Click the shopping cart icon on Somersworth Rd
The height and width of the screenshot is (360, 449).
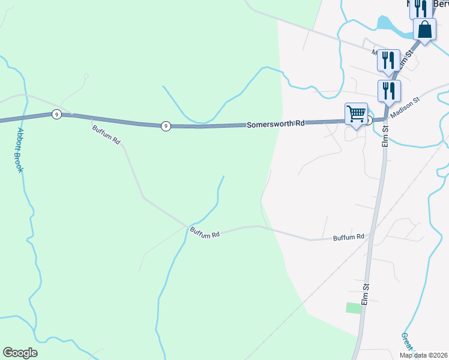pos(357,113)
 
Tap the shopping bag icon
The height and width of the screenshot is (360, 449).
pos(424,29)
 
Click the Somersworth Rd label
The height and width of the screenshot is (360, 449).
pos(276,123)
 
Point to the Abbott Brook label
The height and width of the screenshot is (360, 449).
pos(19,150)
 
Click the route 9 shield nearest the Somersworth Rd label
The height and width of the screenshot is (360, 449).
pos(166,125)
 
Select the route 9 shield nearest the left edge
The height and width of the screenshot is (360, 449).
pos(56,114)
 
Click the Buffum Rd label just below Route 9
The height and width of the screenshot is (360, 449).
pos(106,133)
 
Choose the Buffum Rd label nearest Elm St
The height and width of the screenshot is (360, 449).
pos(349,237)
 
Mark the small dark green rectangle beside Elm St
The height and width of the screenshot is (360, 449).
pos(354,308)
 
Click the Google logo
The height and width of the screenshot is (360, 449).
pos(20,353)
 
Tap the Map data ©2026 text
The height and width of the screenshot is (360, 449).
pos(422,355)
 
